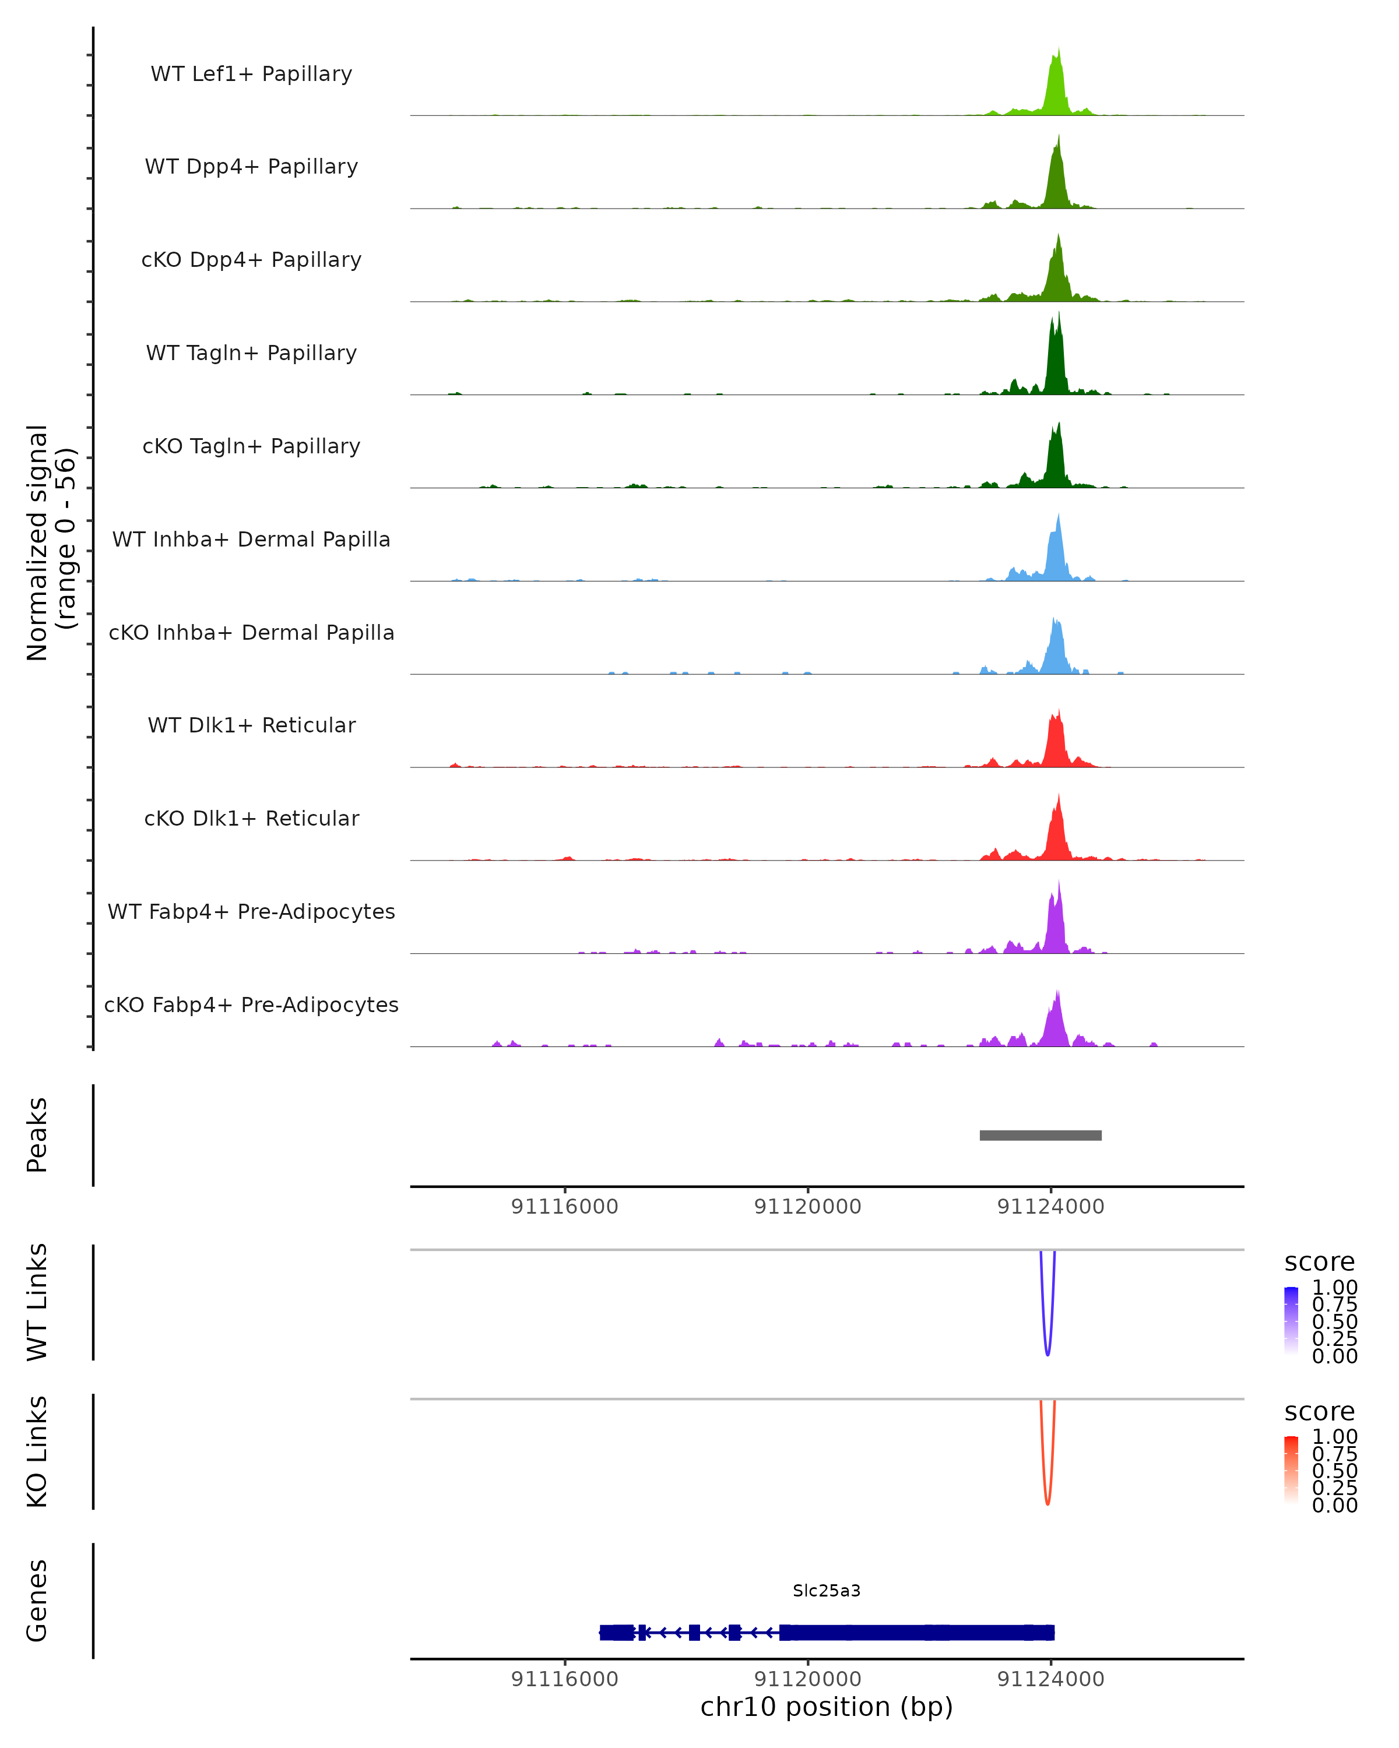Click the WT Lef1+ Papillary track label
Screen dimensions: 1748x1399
(251, 74)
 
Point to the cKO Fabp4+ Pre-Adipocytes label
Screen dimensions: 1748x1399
(251, 1005)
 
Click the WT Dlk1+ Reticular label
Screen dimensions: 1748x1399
(251, 725)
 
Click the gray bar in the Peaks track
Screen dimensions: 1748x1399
(1041, 1135)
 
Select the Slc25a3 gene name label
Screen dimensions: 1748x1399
(827, 1591)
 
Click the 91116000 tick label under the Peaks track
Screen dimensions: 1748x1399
(564, 1207)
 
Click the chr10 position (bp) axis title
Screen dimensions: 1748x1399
(827, 1707)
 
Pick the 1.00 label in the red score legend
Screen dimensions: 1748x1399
(1334, 1436)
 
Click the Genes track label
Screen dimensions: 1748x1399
(37, 1601)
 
